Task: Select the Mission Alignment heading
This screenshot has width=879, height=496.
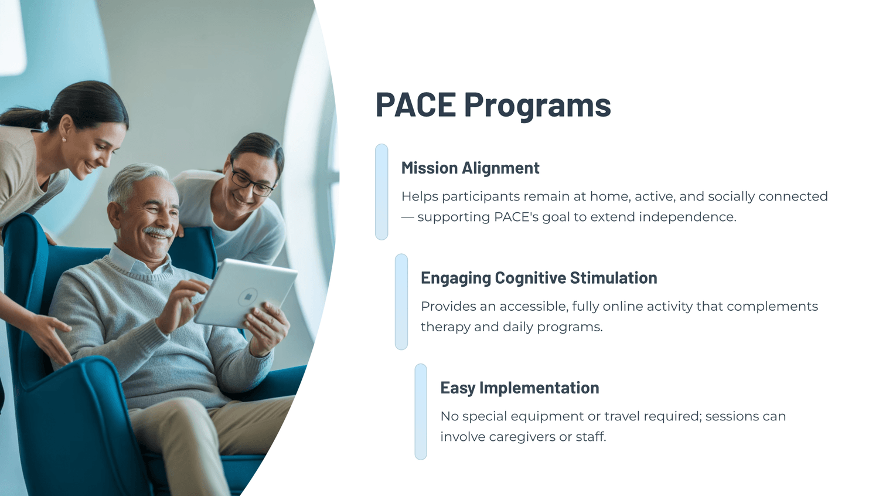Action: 470,168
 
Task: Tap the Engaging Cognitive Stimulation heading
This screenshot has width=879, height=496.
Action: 539,278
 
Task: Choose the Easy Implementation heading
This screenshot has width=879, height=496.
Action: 520,388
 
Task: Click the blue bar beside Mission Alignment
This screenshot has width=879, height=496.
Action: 381,192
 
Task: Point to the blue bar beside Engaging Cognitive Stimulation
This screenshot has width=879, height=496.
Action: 401,301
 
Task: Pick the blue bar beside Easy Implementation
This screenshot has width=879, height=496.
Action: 421,412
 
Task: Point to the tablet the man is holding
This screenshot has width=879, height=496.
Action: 246,294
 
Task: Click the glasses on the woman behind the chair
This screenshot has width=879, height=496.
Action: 251,181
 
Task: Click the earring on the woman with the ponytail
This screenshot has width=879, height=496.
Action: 64,140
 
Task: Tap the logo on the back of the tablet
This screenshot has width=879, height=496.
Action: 248,297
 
